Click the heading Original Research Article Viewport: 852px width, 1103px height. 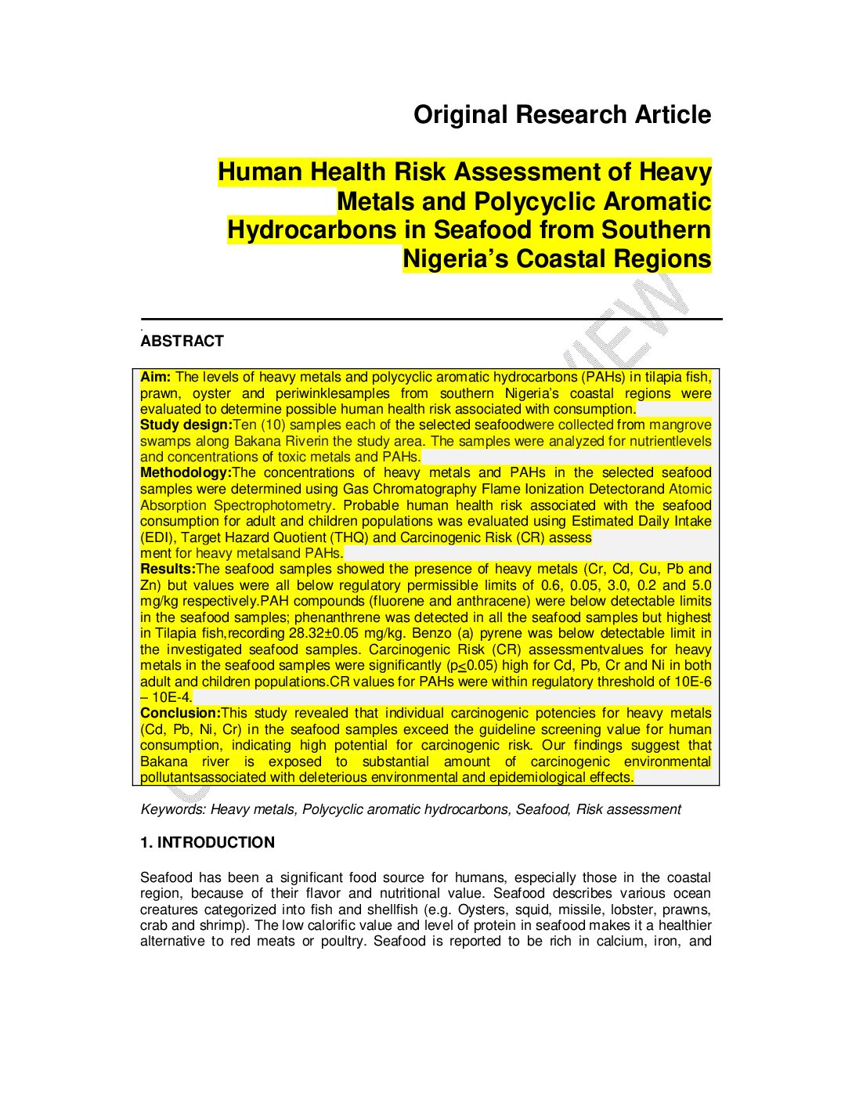562,114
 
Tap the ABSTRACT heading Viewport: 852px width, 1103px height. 182,341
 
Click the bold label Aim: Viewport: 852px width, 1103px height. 156,377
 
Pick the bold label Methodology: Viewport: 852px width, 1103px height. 186,472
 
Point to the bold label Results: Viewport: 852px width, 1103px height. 168,569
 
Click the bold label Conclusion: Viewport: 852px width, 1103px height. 180,713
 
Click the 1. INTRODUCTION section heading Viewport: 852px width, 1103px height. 208,842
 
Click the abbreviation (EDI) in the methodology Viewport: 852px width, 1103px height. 158,537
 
